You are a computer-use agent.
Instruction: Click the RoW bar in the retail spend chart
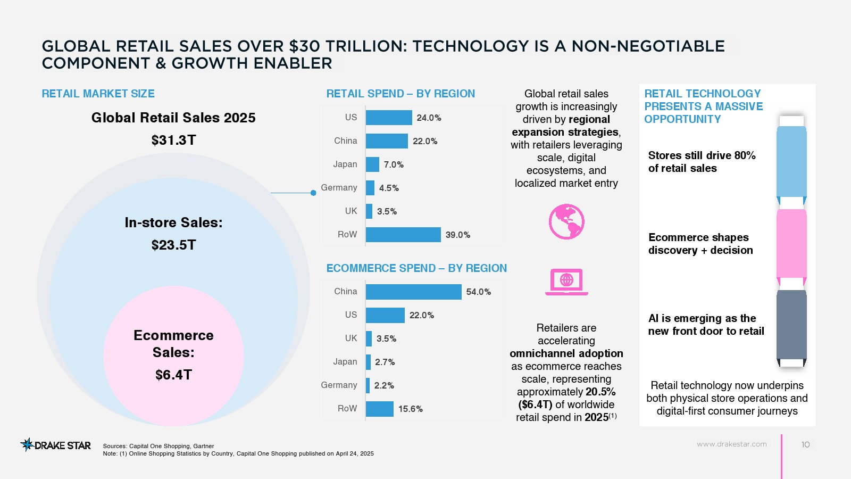403,235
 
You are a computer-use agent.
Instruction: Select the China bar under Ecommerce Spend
413,292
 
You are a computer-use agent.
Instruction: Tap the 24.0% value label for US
429,118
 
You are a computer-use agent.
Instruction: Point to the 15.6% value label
411,409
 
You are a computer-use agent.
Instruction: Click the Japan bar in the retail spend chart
372,164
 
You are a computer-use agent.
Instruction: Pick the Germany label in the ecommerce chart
339,385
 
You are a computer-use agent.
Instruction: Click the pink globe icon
566,221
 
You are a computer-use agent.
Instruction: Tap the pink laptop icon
566,282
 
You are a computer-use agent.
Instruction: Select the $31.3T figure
173,140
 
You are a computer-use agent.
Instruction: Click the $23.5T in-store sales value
173,245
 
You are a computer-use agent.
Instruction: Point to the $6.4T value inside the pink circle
173,375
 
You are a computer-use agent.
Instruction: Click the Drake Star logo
56,445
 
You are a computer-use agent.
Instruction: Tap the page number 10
805,444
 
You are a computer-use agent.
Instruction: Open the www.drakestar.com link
731,444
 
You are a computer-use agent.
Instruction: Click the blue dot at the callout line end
313,193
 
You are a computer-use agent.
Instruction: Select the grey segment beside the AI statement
791,325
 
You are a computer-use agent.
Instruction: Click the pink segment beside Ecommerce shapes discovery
791,243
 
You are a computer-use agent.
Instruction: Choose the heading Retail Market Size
98,94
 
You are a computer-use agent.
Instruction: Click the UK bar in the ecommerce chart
369,338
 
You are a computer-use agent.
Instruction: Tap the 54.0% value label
478,292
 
